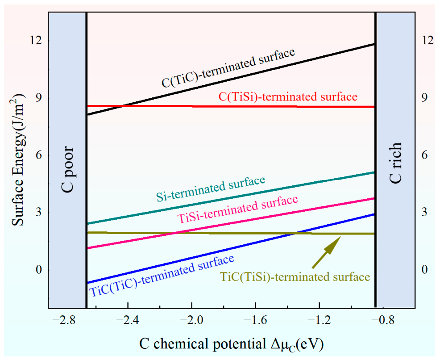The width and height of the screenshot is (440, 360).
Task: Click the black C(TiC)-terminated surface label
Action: (x=228, y=68)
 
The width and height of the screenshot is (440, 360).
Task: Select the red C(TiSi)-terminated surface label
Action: (x=288, y=96)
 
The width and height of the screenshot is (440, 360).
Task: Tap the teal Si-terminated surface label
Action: (x=211, y=188)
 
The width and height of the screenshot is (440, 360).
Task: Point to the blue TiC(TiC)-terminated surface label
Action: (x=162, y=276)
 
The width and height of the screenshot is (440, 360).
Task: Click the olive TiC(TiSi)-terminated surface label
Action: (x=295, y=277)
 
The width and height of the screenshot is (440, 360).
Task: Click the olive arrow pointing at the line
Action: (x=326, y=252)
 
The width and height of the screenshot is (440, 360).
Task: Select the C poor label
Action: (x=67, y=169)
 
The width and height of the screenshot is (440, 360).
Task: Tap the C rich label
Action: (x=396, y=163)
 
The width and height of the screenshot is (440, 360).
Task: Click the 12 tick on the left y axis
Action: (x=36, y=41)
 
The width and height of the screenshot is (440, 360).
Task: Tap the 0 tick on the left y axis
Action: (x=39, y=270)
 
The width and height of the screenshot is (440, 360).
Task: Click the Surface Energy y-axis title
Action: (x=19, y=160)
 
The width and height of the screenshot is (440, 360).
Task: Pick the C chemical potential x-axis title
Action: (x=232, y=344)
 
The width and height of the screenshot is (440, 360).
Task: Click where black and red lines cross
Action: (x=124, y=106)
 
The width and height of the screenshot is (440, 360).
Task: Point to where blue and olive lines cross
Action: (x=293, y=233)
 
